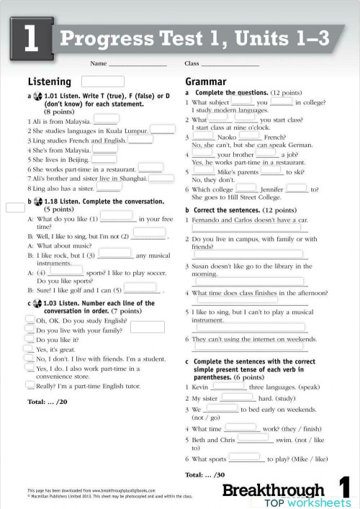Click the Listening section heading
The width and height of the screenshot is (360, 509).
(x=49, y=82)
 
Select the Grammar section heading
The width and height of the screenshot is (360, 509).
(x=205, y=82)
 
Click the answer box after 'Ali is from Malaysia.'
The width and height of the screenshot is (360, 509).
(x=106, y=120)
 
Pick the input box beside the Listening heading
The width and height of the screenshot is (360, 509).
(x=102, y=81)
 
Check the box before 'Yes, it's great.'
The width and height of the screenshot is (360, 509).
(x=30, y=348)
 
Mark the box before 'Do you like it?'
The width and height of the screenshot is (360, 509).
(x=30, y=338)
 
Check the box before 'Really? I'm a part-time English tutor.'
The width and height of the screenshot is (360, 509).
(x=30, y=385)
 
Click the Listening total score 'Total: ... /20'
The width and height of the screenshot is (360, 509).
(x=47, y=401)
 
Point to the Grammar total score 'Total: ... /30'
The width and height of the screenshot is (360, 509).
(x=205, y=474)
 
